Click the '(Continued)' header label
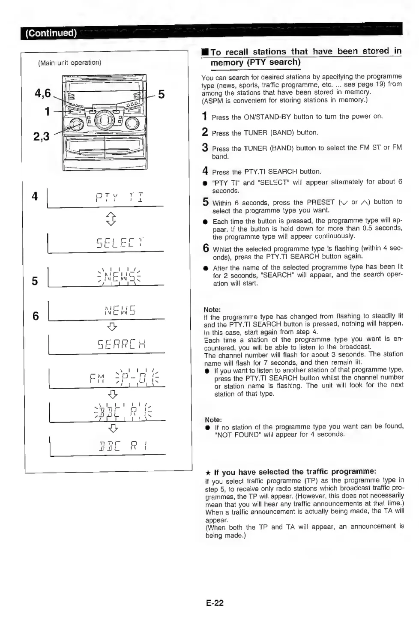click(x=51, y=33)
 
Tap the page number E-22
click(x=215, y=603)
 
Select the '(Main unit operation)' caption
click(x=70, y=63)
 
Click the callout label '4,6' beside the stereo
click(x=43, y=93)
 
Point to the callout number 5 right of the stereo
click(x=161, y=94)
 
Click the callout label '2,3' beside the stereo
click(x=41, y=137)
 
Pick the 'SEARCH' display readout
click(x=122, y=344)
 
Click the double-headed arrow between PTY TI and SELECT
click(x=111, y=219)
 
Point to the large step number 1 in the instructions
click(x=205, y=117)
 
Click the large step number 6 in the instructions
click(x=206, y=248)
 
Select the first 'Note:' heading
click(x=212, y=309)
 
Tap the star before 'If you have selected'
click(x=208, y=473)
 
